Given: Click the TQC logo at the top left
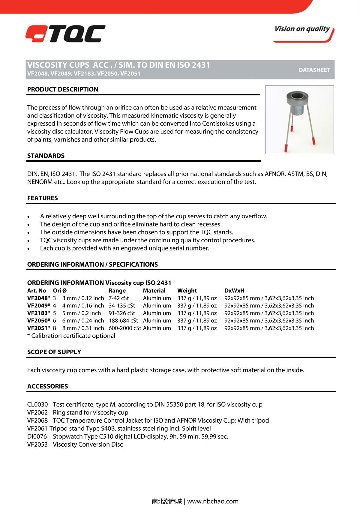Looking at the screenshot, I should point(65,34).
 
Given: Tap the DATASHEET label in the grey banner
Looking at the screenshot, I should point(314,70).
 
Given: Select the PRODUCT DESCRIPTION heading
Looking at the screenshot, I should point(62,89).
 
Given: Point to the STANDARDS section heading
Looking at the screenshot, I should point(46,156).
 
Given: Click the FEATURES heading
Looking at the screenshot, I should point(42,198).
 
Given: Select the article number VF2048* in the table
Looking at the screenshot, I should point(38,298).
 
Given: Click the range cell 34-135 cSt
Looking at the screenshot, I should point(121,306).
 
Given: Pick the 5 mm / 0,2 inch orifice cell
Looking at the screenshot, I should point(81,313).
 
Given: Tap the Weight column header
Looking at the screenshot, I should point(187,291).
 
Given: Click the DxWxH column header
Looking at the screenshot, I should point(234,291).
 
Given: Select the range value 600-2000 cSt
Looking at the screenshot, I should point(124,328).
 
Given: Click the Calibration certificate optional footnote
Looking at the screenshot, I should point(71,336).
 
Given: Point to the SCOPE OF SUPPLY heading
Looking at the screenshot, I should point(54,352).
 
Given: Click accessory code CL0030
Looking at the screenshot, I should point(37,405).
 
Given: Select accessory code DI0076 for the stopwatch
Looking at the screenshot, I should point(37,437).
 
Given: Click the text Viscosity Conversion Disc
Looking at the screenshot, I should point(88,445).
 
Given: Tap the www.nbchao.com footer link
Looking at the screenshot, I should point(213,501).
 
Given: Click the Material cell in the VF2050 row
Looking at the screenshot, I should point(157,321).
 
